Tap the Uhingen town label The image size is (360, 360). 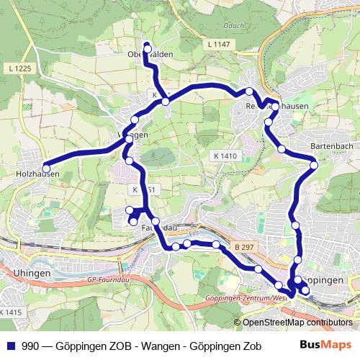(32, 274)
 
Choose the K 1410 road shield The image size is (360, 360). (225, 156)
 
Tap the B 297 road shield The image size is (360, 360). (245, 247)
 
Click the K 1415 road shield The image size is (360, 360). (11, 312)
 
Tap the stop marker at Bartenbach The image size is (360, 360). (314, 166)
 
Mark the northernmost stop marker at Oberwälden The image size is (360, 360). (147, 48)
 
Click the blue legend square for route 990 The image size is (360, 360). (10, 345)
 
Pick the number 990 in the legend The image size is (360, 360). (31, 345)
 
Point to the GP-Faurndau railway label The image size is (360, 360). (111, 279)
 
